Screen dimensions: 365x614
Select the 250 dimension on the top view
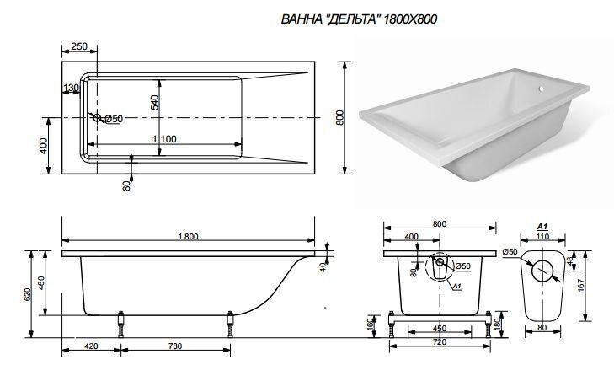coord(80,46)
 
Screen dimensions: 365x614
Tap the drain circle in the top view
coord(98,118)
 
